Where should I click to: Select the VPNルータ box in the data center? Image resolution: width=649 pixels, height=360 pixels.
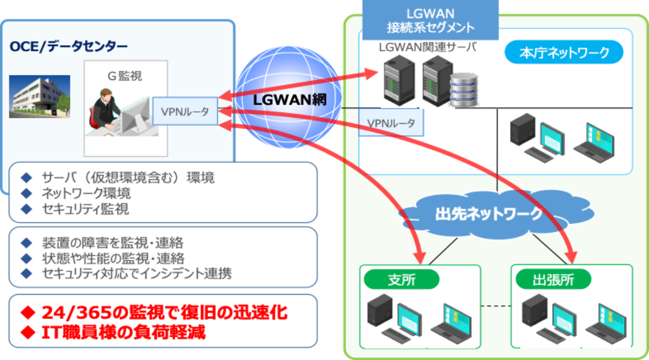point(185,112)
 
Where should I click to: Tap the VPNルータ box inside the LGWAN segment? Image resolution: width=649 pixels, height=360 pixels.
point(391,123)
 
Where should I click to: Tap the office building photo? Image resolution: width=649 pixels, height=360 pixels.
point(39,96)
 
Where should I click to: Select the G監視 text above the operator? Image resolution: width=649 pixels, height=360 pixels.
point(125,76)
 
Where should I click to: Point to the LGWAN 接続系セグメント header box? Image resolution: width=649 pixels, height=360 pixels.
point(431,20)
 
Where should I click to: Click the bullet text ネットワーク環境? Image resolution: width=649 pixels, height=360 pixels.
point(86,193)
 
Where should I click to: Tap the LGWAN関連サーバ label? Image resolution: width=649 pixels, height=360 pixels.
point(427,48)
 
